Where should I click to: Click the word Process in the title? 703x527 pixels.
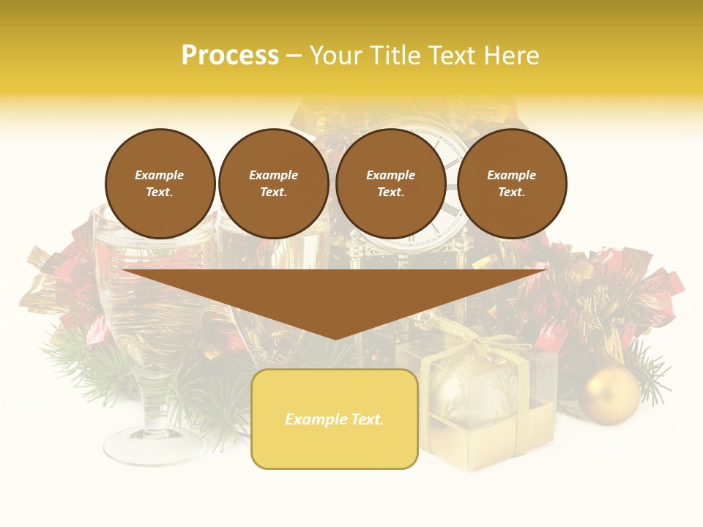tap(230, 56)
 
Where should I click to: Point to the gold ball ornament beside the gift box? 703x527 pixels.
tap(609, 395)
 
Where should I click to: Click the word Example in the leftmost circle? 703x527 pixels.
tap(160, 175)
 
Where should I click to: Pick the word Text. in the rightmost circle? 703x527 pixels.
tap(512, 192)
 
